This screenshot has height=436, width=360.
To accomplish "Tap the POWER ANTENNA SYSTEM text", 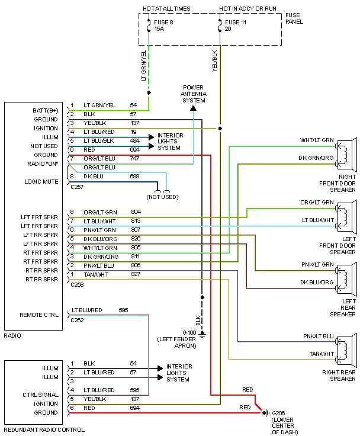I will point(193,94).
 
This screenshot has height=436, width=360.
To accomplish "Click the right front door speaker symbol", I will point(345,153).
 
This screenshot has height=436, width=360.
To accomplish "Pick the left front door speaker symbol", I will point(345,216).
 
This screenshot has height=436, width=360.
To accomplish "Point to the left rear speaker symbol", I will point(345,278).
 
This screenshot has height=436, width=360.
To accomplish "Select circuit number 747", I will point(136,159).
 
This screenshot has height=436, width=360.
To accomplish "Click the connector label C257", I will point(77,186).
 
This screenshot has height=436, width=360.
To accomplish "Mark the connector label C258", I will point(77,285).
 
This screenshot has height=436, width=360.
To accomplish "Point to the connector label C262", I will point(77,320).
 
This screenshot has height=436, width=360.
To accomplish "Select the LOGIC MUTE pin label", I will point(41,181).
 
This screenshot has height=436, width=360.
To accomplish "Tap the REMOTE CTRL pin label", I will point(39,315).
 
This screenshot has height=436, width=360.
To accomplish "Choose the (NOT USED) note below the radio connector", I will point(162,196).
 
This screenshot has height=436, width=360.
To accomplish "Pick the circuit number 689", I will point(136,177).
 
